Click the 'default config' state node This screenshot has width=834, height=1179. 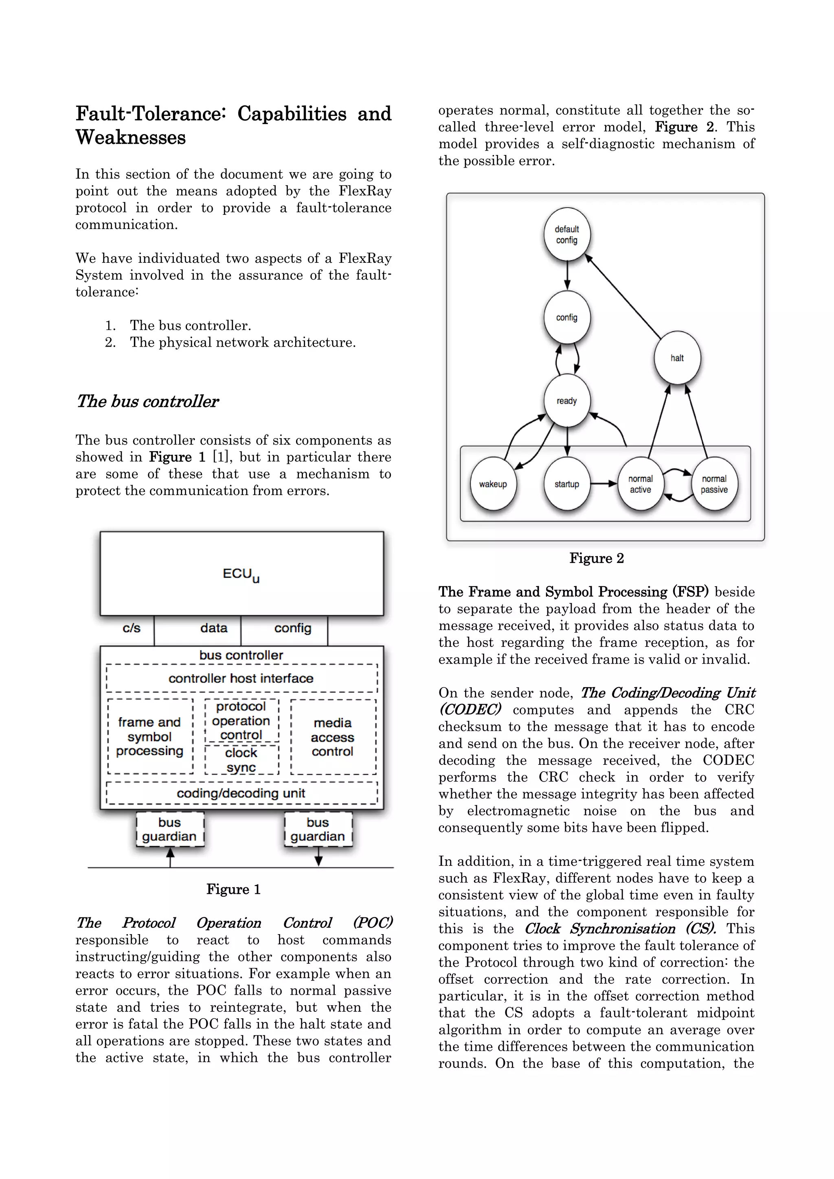coord(566,235)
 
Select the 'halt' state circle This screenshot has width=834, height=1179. coord(677,358)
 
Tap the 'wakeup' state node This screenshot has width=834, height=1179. coord(493,484)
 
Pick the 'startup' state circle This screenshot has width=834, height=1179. coord(566,484)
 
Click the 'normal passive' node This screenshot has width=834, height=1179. coord(714,484)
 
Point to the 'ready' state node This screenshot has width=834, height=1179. coord(566,401)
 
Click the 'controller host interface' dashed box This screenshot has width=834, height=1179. coord(241,678)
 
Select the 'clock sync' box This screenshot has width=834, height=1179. coord(241,760)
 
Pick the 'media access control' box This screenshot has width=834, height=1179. coord(332,737)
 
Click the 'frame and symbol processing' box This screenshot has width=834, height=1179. coord(149,736)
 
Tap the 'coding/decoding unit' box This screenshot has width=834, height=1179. coord(241,793)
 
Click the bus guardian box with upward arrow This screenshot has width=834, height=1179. coord(169,829)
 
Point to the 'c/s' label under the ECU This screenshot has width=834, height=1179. coord(131,628)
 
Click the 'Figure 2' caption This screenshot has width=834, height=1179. coord(596,558)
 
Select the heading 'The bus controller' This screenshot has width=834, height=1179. coord(147,401)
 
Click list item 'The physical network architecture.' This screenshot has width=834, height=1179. coord(243,342)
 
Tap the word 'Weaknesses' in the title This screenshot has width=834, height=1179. coord(131,138)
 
